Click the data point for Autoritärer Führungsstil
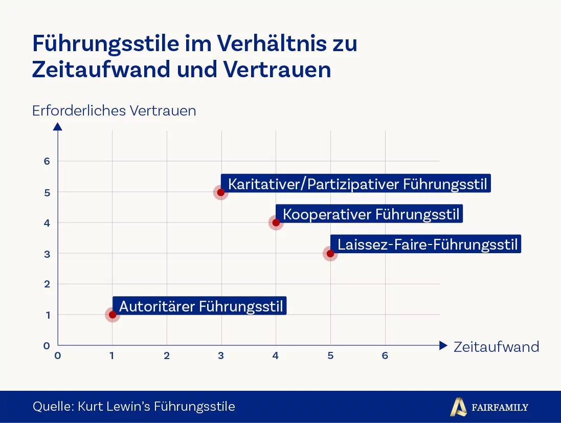pos(112,315)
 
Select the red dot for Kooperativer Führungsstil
pos(276,222)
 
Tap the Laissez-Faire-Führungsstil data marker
pos(330,253)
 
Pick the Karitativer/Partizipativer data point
pos(221,192)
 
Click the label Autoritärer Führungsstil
pos(199,306)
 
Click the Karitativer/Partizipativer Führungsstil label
pos(356,184)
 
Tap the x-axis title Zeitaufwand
pos(496,347)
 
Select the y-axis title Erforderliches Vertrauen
pos(114,111)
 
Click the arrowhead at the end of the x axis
pos(443,346)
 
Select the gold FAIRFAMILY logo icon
pos(458,407)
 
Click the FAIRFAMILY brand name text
pos(500,408)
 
